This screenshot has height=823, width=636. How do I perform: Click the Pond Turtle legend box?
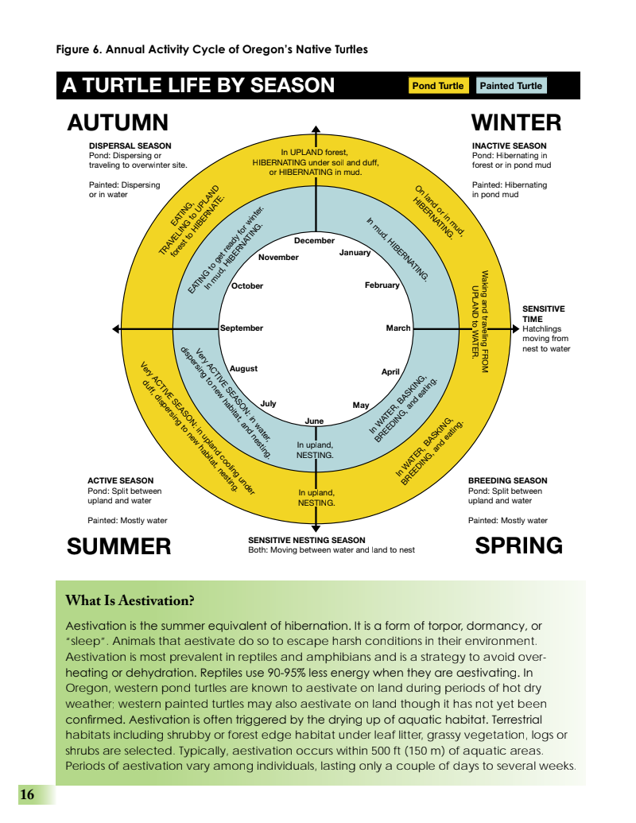pos(437,86)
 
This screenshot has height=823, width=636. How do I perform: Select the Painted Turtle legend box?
pos(511,86)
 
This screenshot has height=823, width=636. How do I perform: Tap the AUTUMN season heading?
pos(118,122)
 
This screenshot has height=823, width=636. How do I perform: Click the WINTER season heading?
pos(516,122)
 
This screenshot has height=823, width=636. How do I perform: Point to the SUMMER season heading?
pos(118,546)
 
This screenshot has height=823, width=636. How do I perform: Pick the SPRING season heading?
pos(518,545)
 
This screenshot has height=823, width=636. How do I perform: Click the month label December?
pos(314,240)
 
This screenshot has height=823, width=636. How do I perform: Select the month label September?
pos(242,328)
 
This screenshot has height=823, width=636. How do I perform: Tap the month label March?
pos(398,328)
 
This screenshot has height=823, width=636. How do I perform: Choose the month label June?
pos(314,421)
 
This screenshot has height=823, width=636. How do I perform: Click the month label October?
pos(247,286)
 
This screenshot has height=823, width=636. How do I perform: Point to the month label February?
pos(382,285)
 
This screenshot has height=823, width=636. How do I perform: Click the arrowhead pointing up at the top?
pos(316,130)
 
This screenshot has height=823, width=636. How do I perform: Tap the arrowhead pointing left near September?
pos(117,328)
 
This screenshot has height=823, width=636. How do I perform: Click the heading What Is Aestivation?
pos(130,600)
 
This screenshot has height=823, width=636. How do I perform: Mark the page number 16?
pos(27,794)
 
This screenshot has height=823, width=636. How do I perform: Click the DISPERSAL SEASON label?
pos(130,146)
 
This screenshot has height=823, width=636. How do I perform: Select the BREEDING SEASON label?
pos(507,480)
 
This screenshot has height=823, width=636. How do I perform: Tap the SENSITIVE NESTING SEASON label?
pos(306,540)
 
